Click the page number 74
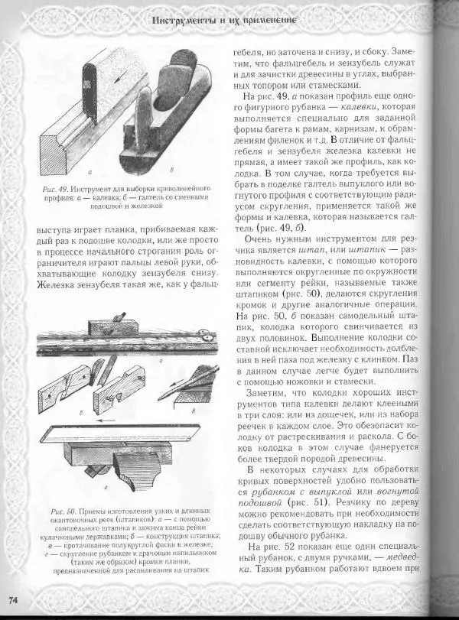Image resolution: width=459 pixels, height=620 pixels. (15, 598)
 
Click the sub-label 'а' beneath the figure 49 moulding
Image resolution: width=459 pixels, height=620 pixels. (90, 174)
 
